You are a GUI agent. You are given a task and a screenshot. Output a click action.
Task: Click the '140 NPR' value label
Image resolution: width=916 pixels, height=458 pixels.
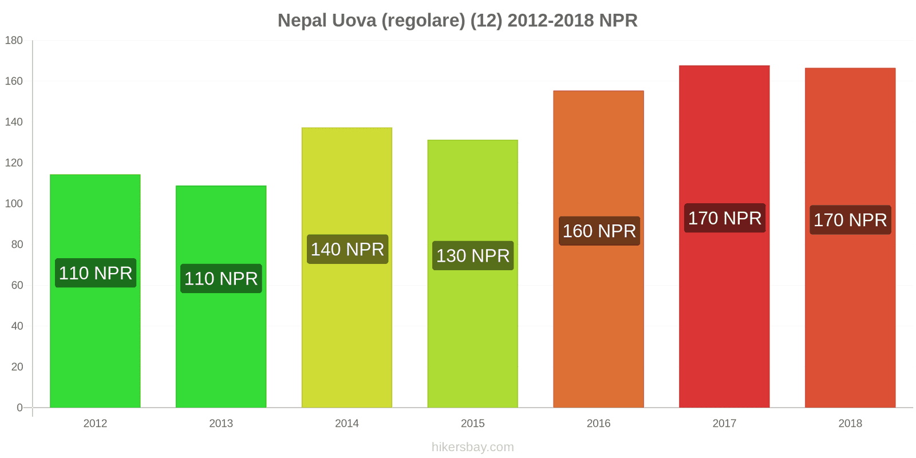tap(348, 249)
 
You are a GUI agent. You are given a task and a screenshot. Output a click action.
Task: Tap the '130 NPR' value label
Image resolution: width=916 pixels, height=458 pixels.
tap(473, 255)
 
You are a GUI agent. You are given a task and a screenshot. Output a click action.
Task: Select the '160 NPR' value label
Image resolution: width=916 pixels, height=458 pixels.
tap(599, 231)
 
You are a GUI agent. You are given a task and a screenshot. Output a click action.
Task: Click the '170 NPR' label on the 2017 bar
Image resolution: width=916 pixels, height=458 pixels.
tap(725, 218)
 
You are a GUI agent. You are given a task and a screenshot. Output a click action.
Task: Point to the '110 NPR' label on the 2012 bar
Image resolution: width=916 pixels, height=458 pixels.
tap(96, 273)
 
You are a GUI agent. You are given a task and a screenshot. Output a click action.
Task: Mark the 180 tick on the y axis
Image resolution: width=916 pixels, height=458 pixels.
tap(14, 40)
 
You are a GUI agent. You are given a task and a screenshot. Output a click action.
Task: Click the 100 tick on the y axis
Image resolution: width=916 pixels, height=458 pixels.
tap(14, 203)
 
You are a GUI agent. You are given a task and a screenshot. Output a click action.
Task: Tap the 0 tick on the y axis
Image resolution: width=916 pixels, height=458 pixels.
tap(19, 408)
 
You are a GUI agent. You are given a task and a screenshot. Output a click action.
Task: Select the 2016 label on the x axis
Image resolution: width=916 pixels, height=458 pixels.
tap(598, 424)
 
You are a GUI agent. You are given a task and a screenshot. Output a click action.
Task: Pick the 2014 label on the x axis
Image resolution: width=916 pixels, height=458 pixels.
tap(347, 424)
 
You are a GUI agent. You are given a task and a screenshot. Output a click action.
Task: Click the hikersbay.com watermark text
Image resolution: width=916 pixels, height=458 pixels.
tap(473, 447)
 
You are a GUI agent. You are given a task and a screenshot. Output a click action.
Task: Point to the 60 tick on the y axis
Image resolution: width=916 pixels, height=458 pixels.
tap(17, 285)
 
